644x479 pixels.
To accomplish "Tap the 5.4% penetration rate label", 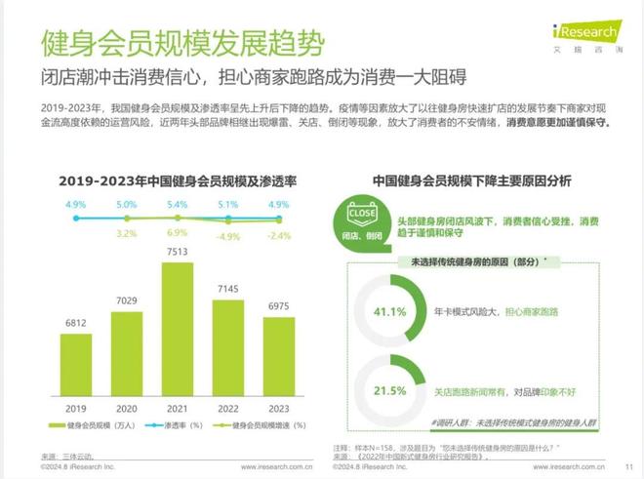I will (177, 205).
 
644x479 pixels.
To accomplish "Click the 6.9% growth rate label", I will (177, 234).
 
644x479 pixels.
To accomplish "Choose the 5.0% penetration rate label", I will (126, 205).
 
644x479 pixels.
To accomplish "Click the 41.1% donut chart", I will (391, 311).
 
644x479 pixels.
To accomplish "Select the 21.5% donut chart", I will (391, 389).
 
